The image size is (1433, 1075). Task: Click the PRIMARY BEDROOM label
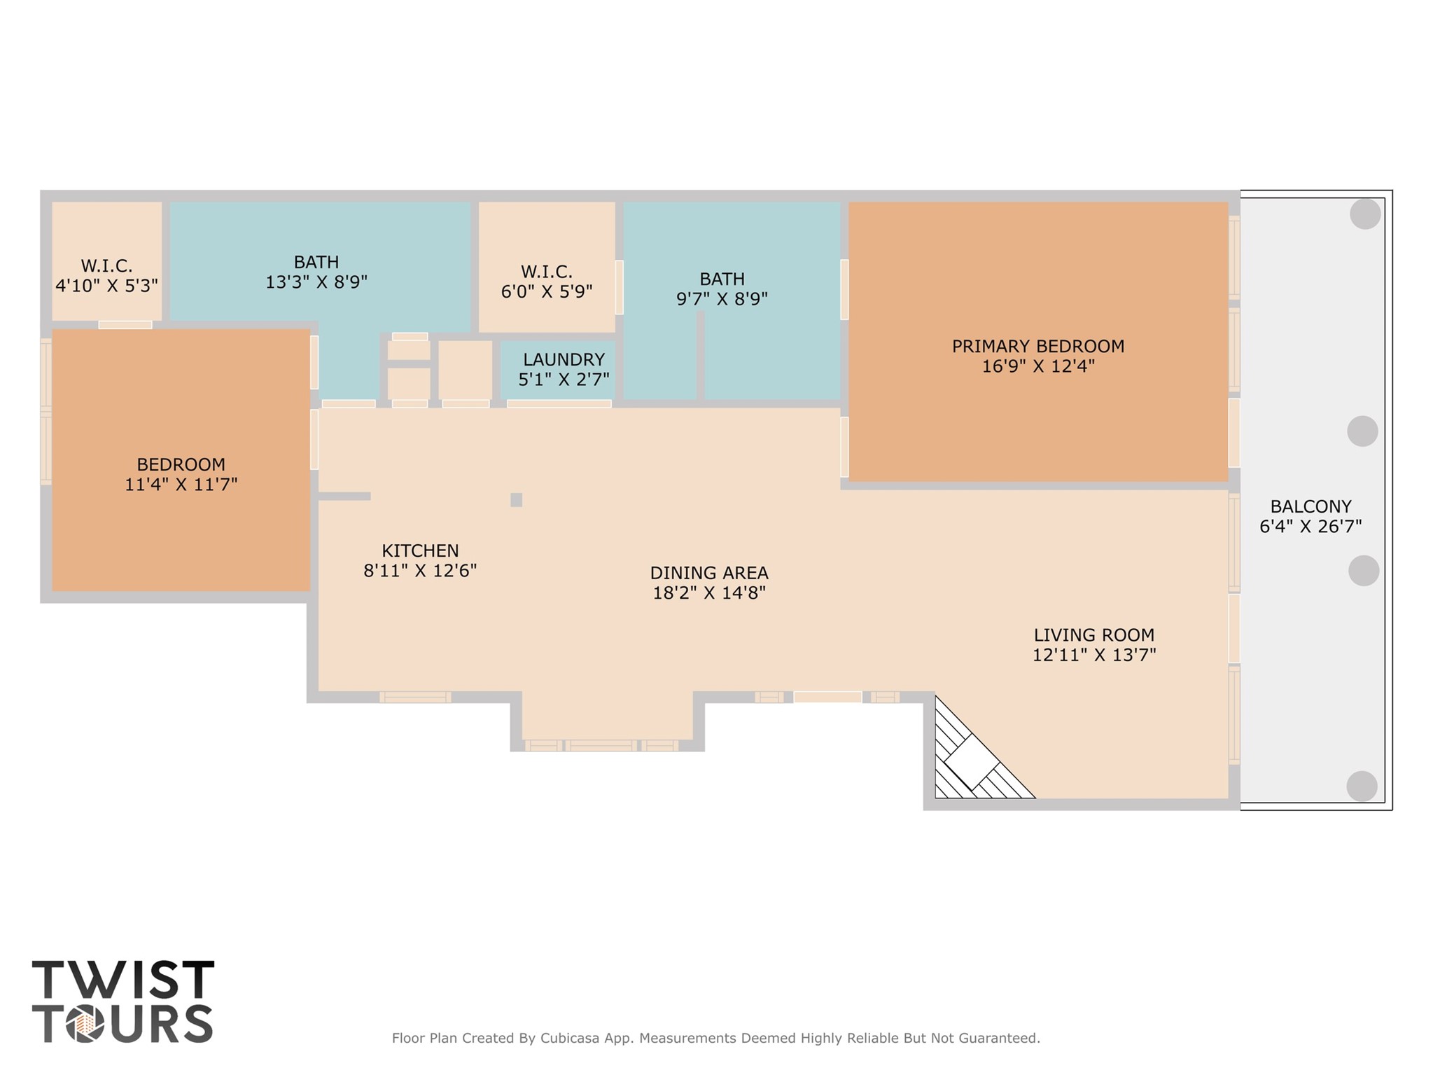point(1037,346)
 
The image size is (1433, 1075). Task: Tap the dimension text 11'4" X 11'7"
point(181,485)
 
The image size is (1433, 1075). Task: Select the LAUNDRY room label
point(564,359)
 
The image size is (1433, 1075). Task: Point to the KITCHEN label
point(420,550)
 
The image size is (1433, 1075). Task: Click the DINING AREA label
point(708,573)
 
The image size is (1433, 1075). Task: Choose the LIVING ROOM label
point(1093,635)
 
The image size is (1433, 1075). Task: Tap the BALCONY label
point(1310,506)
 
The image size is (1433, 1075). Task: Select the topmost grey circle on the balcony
point(1364,214)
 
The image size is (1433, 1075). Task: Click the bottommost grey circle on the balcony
point(1362,786)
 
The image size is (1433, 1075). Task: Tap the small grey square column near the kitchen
point(516,500)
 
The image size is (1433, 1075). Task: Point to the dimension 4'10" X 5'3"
point(106,286)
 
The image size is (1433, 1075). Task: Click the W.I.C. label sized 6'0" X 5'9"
point(546,272)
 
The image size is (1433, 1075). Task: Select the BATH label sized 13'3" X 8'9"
point(316,262)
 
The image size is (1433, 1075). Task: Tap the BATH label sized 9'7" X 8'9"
point(722,279)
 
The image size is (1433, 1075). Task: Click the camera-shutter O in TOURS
point(85,1025)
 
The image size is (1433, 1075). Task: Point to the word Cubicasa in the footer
point(570,1038)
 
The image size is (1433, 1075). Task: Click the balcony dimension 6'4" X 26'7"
point(1310,527)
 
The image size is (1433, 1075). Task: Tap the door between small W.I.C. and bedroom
point(125,324)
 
